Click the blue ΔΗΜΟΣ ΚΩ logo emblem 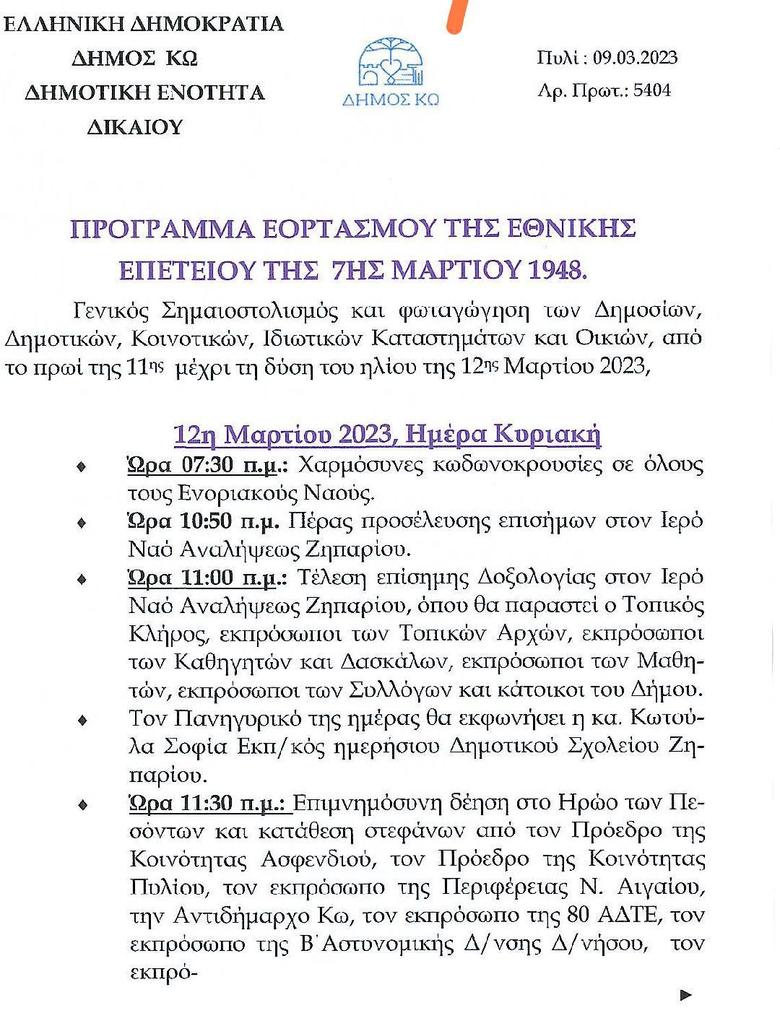(x=390, y=65)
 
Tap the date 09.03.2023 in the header (x=636, y=58)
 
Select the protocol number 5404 (x=652, y=90)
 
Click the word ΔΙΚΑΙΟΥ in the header (x=135, y=127)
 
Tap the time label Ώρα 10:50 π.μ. (x=204, y=521)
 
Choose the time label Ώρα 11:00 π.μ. (x=207, y=578)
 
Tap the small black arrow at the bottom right (x=686, y=995)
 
